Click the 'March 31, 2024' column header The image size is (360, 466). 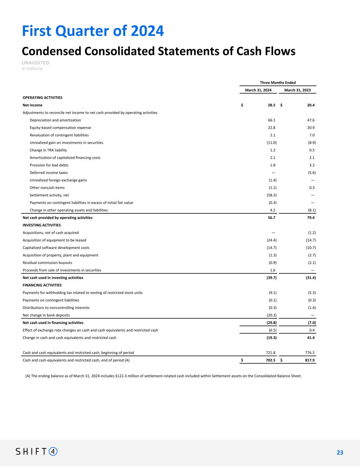click(258, 90)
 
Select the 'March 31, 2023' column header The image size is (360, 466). click(297, 90)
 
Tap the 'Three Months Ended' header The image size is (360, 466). click(278, 83)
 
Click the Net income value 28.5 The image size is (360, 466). click(272, 105)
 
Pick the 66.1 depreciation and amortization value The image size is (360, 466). click(272, 120)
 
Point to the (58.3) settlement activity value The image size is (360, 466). click(272, 195)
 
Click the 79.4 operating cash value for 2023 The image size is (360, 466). click(311, 217)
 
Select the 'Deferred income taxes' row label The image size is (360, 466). click(48, 173)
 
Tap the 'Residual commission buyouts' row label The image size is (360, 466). click(47, 263)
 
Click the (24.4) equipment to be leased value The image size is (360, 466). click(272, 240)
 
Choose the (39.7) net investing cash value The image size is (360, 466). click(272, 278)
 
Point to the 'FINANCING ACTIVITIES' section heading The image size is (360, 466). click(42, 285)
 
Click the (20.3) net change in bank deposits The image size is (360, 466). click(272, 315)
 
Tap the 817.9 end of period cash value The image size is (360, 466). click(309, 360)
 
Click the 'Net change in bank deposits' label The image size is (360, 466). click(46, 315)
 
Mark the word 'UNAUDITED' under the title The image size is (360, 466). click(35, 63)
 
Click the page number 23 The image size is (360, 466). click(340, 453)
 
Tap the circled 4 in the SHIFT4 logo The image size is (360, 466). click(53, 451)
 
